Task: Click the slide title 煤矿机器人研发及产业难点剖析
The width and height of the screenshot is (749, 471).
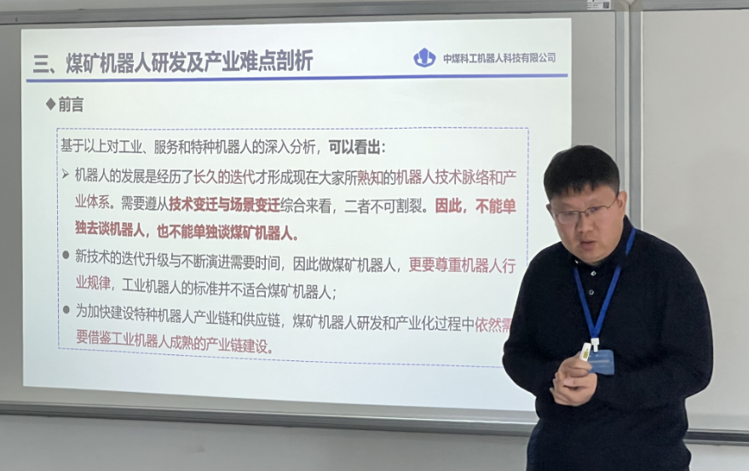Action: pos(189,61)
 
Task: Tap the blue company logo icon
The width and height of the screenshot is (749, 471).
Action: pos(423,58)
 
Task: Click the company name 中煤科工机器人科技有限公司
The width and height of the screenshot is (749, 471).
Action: pos(499,58)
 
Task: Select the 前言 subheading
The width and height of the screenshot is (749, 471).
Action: pos(71,104)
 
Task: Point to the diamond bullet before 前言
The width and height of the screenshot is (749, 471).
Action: pos(50,104)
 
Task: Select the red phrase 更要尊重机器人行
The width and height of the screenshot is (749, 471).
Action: pos(474,264)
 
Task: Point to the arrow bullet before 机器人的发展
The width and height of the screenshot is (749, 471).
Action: pos(66,175)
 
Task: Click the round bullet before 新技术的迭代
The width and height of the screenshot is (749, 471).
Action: pos(66,255)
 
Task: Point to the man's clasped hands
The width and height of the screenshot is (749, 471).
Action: pos(573,382)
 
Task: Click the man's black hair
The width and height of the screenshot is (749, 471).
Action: pos(580,166)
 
